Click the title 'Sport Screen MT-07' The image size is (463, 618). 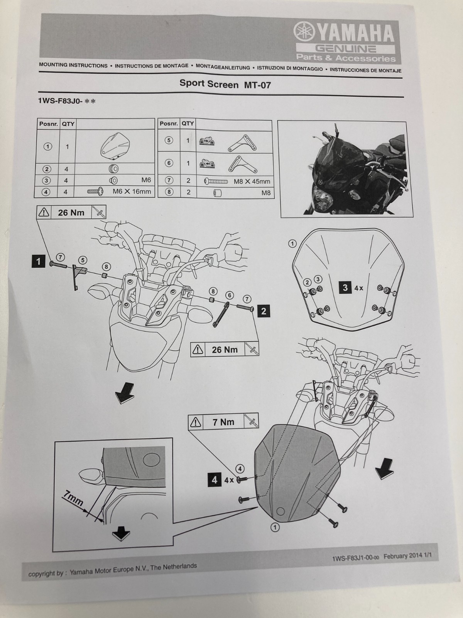(x=225, y=84)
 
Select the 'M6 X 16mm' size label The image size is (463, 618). (x=132, y=192)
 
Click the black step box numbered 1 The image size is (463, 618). (x=38, y=261)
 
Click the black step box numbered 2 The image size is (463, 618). (x=264, y=311)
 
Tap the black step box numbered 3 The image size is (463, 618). (x=345, y=287)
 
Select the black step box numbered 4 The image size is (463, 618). (x=215, y=480)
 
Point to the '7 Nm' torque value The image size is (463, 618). (x=223, y=422)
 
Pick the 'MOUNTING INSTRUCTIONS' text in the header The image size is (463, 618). (x=73, y=65)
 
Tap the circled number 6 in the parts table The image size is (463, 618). (x=169, y=163)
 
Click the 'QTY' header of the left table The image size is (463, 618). (x=68, y=124)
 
